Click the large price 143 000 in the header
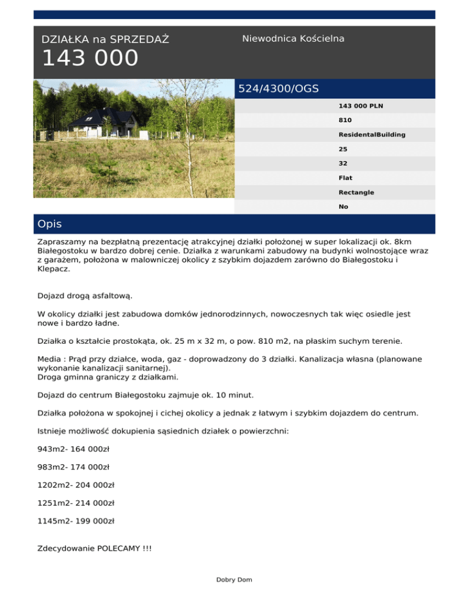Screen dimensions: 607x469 [x=90, y=59]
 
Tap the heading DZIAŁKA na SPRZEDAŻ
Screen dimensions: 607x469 [x=105, y=40]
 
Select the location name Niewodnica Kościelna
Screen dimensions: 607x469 [x=293, y=38]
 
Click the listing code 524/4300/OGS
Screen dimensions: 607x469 [x=278, y=89]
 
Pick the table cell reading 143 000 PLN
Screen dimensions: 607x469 [x=361, y=106]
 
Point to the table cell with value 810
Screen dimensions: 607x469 [x=345, y=120]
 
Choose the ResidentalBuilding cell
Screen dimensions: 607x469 [x=372, y=134]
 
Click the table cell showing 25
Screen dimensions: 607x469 [x=343, y=149]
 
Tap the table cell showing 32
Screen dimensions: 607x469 [x=343, y=164]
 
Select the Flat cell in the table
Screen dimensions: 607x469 [x=345, y=178]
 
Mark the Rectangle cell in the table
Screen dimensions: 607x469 [x=357, y=192]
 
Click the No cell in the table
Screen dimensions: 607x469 [x=343, y=206]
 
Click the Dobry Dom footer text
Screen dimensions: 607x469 [x=234, y=580]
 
